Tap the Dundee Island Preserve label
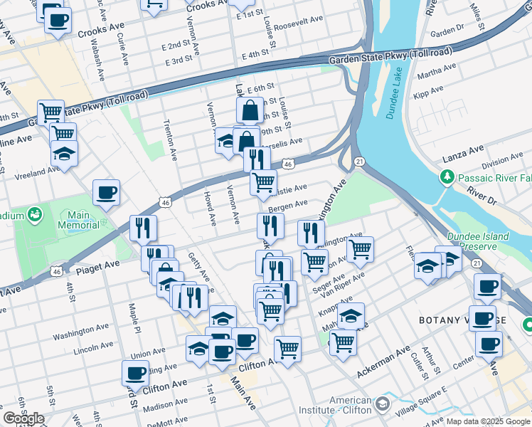[478, 242]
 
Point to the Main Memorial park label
[79, 220]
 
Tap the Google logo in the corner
[23, 418]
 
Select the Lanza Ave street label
[463, 148]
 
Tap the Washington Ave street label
[79, 332]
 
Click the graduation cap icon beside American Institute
[383, 404]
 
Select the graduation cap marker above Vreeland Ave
[64, 154]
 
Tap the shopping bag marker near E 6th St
[250, 111]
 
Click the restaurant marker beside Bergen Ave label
[270, 226]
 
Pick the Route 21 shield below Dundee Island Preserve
[476, 263]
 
